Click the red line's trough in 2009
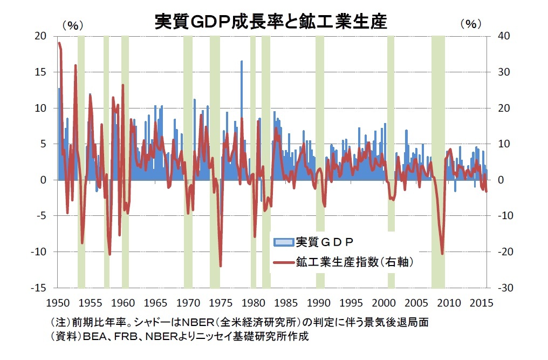442,254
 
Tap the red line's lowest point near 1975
220,266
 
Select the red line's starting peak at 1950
59,43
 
